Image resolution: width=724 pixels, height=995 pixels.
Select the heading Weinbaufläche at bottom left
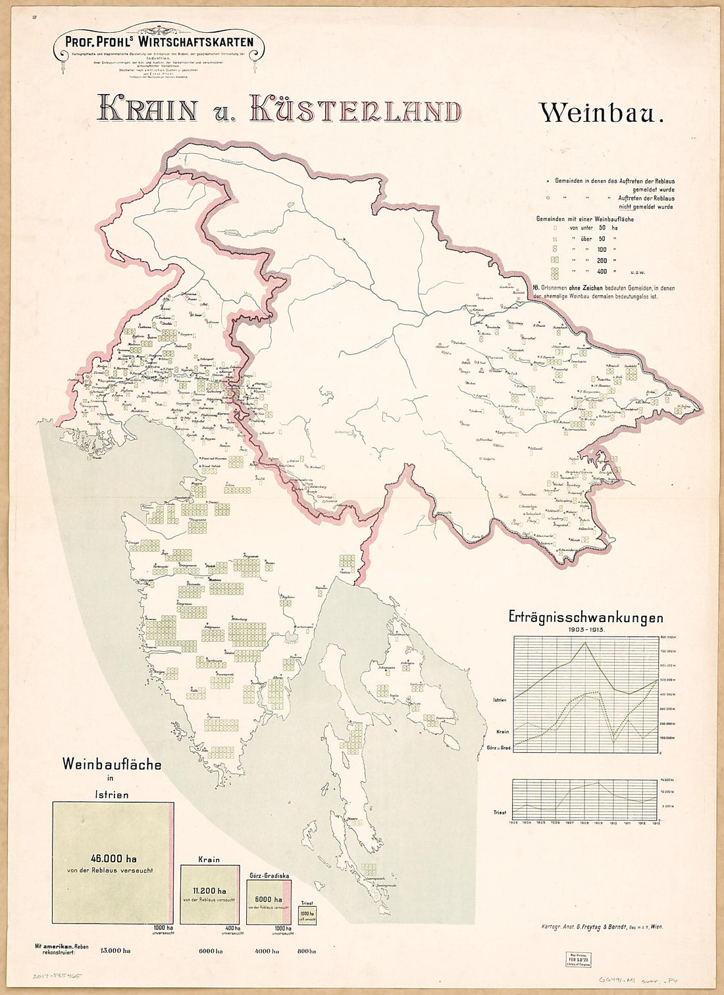[x=112, y=765]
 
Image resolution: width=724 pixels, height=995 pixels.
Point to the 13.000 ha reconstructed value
[x=116, y=951]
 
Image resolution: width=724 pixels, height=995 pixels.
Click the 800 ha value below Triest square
[x=307, y=951]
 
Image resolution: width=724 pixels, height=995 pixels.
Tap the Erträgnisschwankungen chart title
[x=586, y=618]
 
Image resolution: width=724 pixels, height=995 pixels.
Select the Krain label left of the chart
[x=502, y=731]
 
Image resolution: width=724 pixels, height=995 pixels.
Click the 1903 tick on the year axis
[x=513, y=822]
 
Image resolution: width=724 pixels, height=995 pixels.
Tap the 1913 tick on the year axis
[x=656, y=822]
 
